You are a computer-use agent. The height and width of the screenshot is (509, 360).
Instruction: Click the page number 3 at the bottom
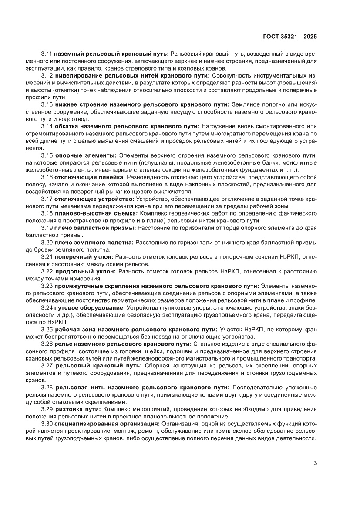(x=315, y=463)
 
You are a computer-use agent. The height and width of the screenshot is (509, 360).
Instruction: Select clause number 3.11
(x=47, y=54)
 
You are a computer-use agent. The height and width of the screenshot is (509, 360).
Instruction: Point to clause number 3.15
(x=47, y=155)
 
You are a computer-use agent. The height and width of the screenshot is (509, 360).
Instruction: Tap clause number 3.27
(x=47, y=365)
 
